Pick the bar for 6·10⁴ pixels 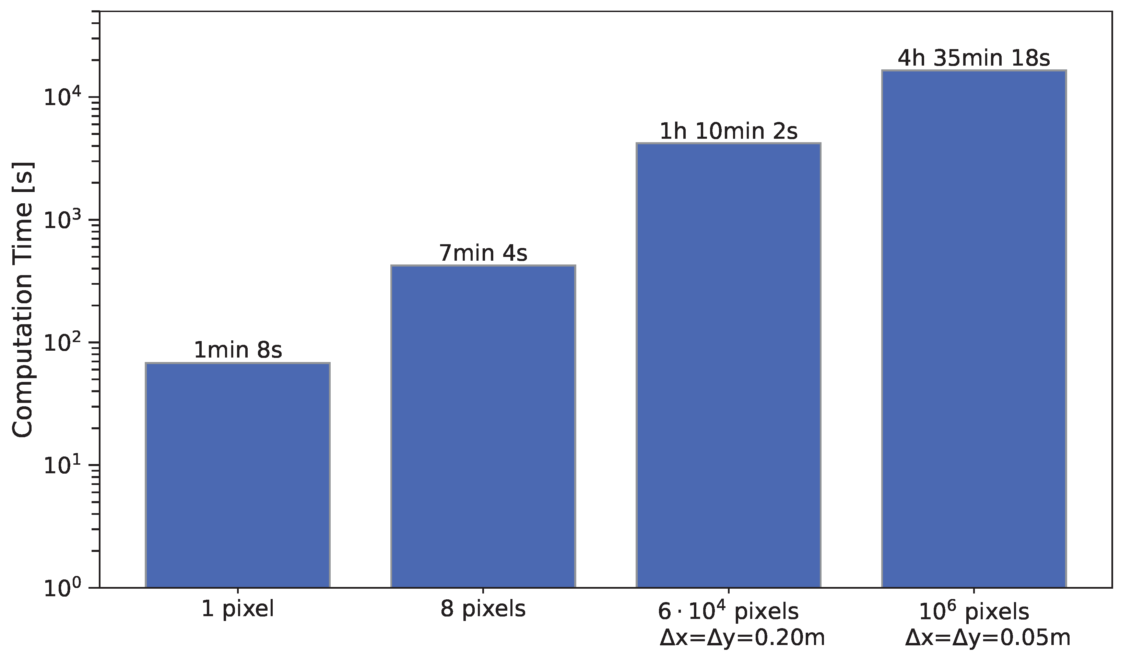tap(728, 365)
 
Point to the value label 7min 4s tap(483, 253)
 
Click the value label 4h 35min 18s tap(974, 58)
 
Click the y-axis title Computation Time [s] tap(22, 300)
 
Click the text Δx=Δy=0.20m tap(742, 638)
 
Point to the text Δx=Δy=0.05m tap(988, 638)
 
